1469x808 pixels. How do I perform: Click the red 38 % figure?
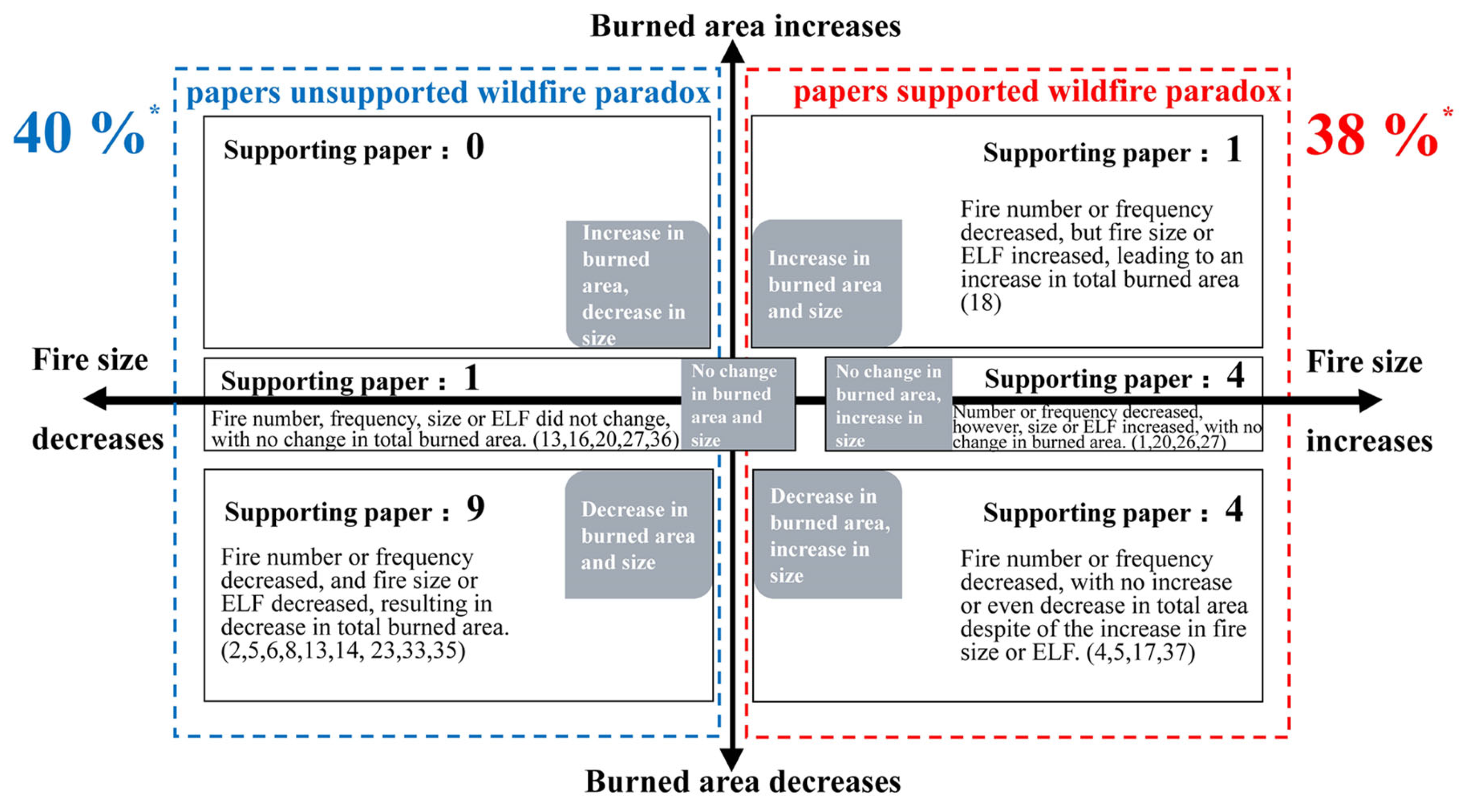(x=1371, y=136)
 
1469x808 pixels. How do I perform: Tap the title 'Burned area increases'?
(x=745, y=26)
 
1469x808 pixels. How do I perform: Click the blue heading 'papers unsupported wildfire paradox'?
(x=447, y=92)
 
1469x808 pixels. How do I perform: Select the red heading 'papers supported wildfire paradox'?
(x=1037, y=91)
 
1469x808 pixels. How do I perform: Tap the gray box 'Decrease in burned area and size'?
(x=638, y=535)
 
